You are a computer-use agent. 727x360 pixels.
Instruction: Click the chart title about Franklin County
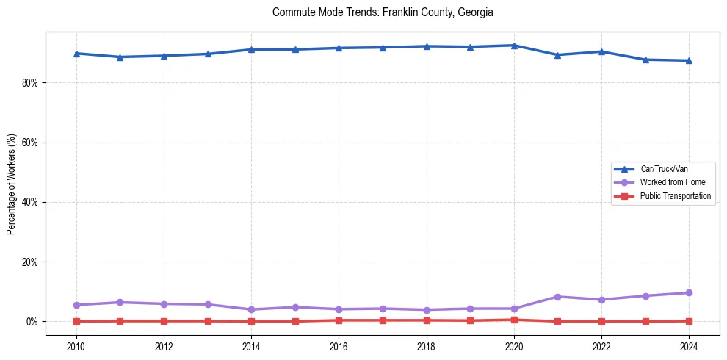[382, 12]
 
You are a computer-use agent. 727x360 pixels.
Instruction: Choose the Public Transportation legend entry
[675, 196]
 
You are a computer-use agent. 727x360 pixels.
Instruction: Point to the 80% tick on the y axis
[29, 83]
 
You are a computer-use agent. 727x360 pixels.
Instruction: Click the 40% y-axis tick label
[29, 202]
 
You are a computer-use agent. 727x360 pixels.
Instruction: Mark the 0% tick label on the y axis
[32, 322]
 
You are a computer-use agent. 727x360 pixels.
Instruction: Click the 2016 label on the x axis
[339, 346]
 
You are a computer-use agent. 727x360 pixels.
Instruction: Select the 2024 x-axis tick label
[689, 346]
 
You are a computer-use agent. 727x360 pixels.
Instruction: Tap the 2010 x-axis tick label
[76, 346]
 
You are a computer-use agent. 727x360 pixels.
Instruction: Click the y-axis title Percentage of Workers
[12, 184]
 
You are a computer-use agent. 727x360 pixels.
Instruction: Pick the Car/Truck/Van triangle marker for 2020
[514, 46]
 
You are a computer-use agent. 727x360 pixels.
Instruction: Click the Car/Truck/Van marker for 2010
[76, 54]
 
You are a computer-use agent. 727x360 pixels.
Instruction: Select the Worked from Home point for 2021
[557, 297]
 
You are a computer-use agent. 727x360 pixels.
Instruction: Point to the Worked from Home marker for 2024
[689, 293]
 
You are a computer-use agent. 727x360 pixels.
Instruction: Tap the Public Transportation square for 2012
[164, 321]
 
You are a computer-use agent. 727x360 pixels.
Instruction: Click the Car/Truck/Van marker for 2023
[645, 60]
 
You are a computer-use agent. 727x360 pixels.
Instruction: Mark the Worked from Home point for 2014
[251, 309]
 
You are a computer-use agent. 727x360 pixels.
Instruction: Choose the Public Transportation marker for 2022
[601, 321]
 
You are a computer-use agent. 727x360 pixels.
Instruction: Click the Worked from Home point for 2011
[120, 302]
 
